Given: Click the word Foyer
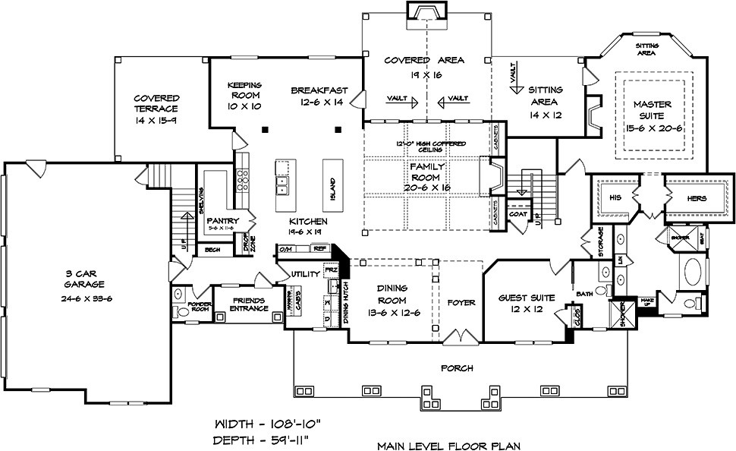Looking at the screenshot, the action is point(461,302).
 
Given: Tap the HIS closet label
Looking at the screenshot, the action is point(613,198).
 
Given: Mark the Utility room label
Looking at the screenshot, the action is point(294,273).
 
